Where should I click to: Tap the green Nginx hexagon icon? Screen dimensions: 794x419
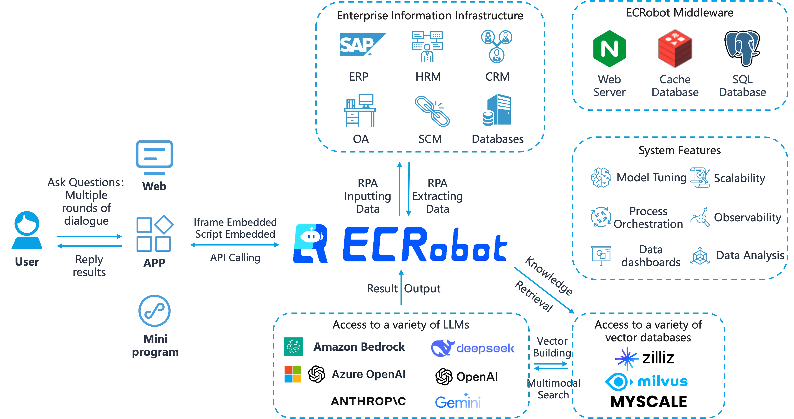pos(609,49)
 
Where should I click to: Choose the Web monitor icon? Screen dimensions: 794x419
pos(154,157)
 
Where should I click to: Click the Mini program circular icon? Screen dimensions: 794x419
pos(154,311)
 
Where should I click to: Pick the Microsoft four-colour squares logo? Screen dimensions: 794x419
pos(293,374)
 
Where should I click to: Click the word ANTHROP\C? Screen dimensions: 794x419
pos(368,401)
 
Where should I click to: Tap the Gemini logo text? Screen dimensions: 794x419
pos(458,401)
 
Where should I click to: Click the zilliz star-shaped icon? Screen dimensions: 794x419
pos(627,358)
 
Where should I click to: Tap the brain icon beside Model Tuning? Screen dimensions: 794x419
pos(601,177)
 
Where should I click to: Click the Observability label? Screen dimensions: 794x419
pos(747,217)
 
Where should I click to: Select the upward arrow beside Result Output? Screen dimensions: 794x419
pos(401,287)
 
